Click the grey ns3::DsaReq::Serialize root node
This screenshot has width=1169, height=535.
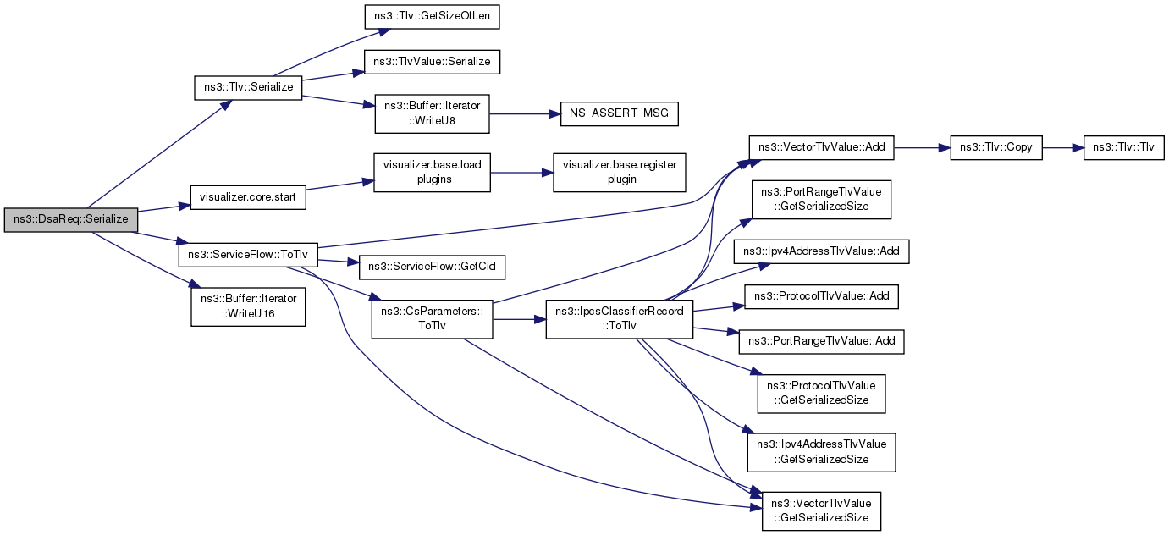point(71,220)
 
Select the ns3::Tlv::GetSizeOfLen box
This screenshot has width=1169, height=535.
point(432,17)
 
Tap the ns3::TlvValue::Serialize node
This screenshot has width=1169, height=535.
point(432,62)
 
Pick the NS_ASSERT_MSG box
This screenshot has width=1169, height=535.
point(619,113)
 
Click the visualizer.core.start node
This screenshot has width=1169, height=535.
point(248,198)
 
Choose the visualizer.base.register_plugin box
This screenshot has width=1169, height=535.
point(620,172)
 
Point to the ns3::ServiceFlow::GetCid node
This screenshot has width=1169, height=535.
point(432,267)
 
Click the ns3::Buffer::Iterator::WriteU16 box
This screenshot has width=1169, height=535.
point(248,307)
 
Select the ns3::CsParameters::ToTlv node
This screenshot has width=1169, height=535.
point(432,319)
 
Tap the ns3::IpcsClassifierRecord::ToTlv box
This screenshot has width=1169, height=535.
point(620,319)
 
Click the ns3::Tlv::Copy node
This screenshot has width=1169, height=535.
point(996,147)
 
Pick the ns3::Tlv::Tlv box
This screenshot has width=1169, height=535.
point(1123,147)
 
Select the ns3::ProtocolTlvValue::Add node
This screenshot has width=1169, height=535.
point(821,296)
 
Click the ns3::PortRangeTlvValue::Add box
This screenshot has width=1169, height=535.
point(821,342)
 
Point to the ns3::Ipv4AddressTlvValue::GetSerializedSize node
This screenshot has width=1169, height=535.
point(821,453)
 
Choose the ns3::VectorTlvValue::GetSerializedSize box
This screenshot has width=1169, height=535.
point(821,511)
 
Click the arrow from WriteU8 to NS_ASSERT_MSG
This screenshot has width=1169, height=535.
point(525,113)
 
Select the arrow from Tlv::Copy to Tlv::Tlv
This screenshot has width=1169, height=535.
point(1063,147)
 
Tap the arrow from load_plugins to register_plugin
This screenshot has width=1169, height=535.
point(522,172)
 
